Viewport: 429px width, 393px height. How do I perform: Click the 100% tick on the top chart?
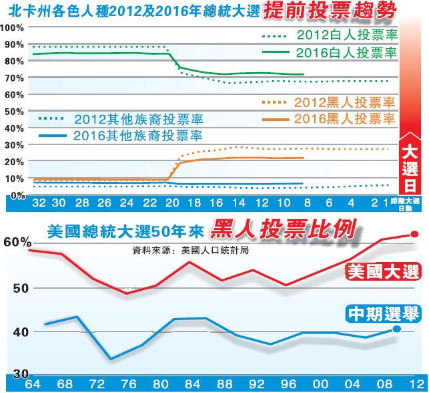click(13, 27)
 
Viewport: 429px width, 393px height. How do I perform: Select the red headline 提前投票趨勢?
click(330, 11)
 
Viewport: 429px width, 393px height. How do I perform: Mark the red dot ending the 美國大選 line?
click(414, 235)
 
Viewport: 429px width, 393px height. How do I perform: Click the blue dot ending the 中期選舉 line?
click(396, 329)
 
